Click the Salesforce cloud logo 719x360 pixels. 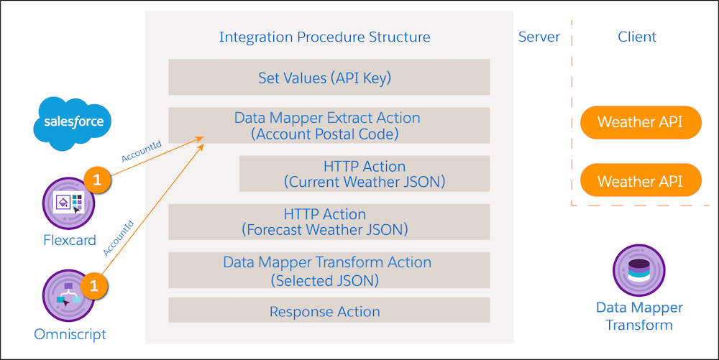pos(73,123)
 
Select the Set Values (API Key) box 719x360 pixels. pos(329,77)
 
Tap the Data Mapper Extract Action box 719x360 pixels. pos(329,126)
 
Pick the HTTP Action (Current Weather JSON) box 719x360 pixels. pos(365,174)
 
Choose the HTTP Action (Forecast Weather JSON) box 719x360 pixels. pos(329,222)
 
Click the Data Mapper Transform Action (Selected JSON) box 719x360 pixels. pos(329,270)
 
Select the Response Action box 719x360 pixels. pos(329,310)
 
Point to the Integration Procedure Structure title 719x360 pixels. pos(325,37)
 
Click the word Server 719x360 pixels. pos(539,37)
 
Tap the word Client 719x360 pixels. pos(637,37)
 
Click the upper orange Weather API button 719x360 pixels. pos(641,122)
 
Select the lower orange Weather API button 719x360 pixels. pos(641,180)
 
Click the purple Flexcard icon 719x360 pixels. pos(69,203)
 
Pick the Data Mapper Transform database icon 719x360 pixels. pos(638,270)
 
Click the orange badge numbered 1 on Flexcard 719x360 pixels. pos(97,179)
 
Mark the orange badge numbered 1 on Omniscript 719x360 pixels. pos(94,286)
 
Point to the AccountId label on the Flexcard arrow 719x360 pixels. pos(141,152)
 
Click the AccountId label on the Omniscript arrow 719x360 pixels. pos(119,238)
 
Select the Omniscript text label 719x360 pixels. pos(70,334)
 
